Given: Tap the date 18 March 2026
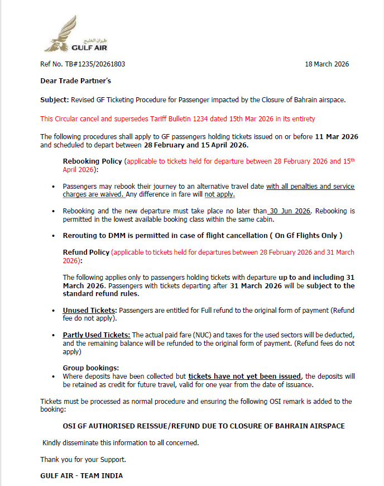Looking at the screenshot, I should (x=327, y=64).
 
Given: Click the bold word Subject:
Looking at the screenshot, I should (x=54, y=100).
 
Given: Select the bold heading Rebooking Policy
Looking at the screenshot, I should (x=92, y=161).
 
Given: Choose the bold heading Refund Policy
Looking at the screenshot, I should (x=86, y=252).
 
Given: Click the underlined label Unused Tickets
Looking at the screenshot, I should (x=89, y=311).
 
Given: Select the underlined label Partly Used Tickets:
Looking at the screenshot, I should (x=97, y=335).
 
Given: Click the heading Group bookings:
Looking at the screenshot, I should (x=91, y=368).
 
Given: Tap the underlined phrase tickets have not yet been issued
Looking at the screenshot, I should (x=244, y=377).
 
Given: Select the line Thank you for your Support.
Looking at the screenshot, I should (x=83, y=460).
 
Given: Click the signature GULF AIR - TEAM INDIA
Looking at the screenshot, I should (x=81, y=476).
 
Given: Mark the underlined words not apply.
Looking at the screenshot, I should (x=219, y=195).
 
